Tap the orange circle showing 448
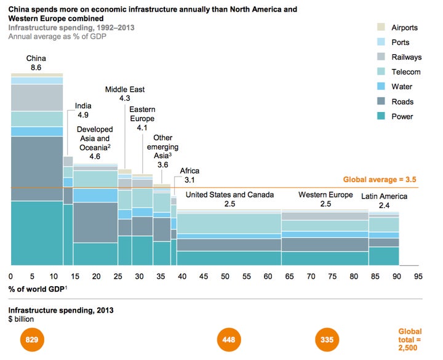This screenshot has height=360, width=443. point(228,339)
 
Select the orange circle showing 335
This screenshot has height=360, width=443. point(326,339)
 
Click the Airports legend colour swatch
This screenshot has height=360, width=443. point(381,28)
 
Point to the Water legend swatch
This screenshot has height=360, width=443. point(381,87)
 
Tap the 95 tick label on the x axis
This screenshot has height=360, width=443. point(418,276)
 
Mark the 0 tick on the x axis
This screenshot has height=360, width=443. point(10,276)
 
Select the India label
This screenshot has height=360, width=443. point(84,105)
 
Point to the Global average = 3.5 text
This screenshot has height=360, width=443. point(380,180)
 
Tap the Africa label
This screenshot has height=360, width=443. point(190,170)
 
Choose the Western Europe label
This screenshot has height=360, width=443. point(325,195)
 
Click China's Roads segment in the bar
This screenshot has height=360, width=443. point(37,168)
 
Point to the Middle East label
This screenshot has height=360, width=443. point(124,89)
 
